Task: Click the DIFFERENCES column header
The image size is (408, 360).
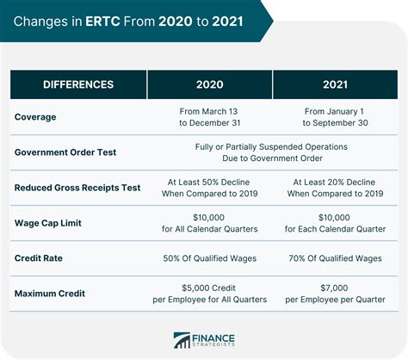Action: tap(79, 84)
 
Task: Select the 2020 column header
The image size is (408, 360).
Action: tap(210, 84)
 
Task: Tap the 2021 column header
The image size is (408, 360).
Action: tap(334, 84)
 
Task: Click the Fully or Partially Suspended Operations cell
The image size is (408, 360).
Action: tap(271, 152)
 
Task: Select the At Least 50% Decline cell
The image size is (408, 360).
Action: tap(210, 187)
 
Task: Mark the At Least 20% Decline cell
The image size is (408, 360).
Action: tap(334, 187)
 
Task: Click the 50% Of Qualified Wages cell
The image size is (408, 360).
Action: tap(210, 258)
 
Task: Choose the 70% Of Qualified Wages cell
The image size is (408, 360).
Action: tap(334, 258)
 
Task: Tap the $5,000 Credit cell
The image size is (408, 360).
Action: tap(210, 294)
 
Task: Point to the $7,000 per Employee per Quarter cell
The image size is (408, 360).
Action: tap(334, 294)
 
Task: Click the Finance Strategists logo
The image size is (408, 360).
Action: tap(204, 340)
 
